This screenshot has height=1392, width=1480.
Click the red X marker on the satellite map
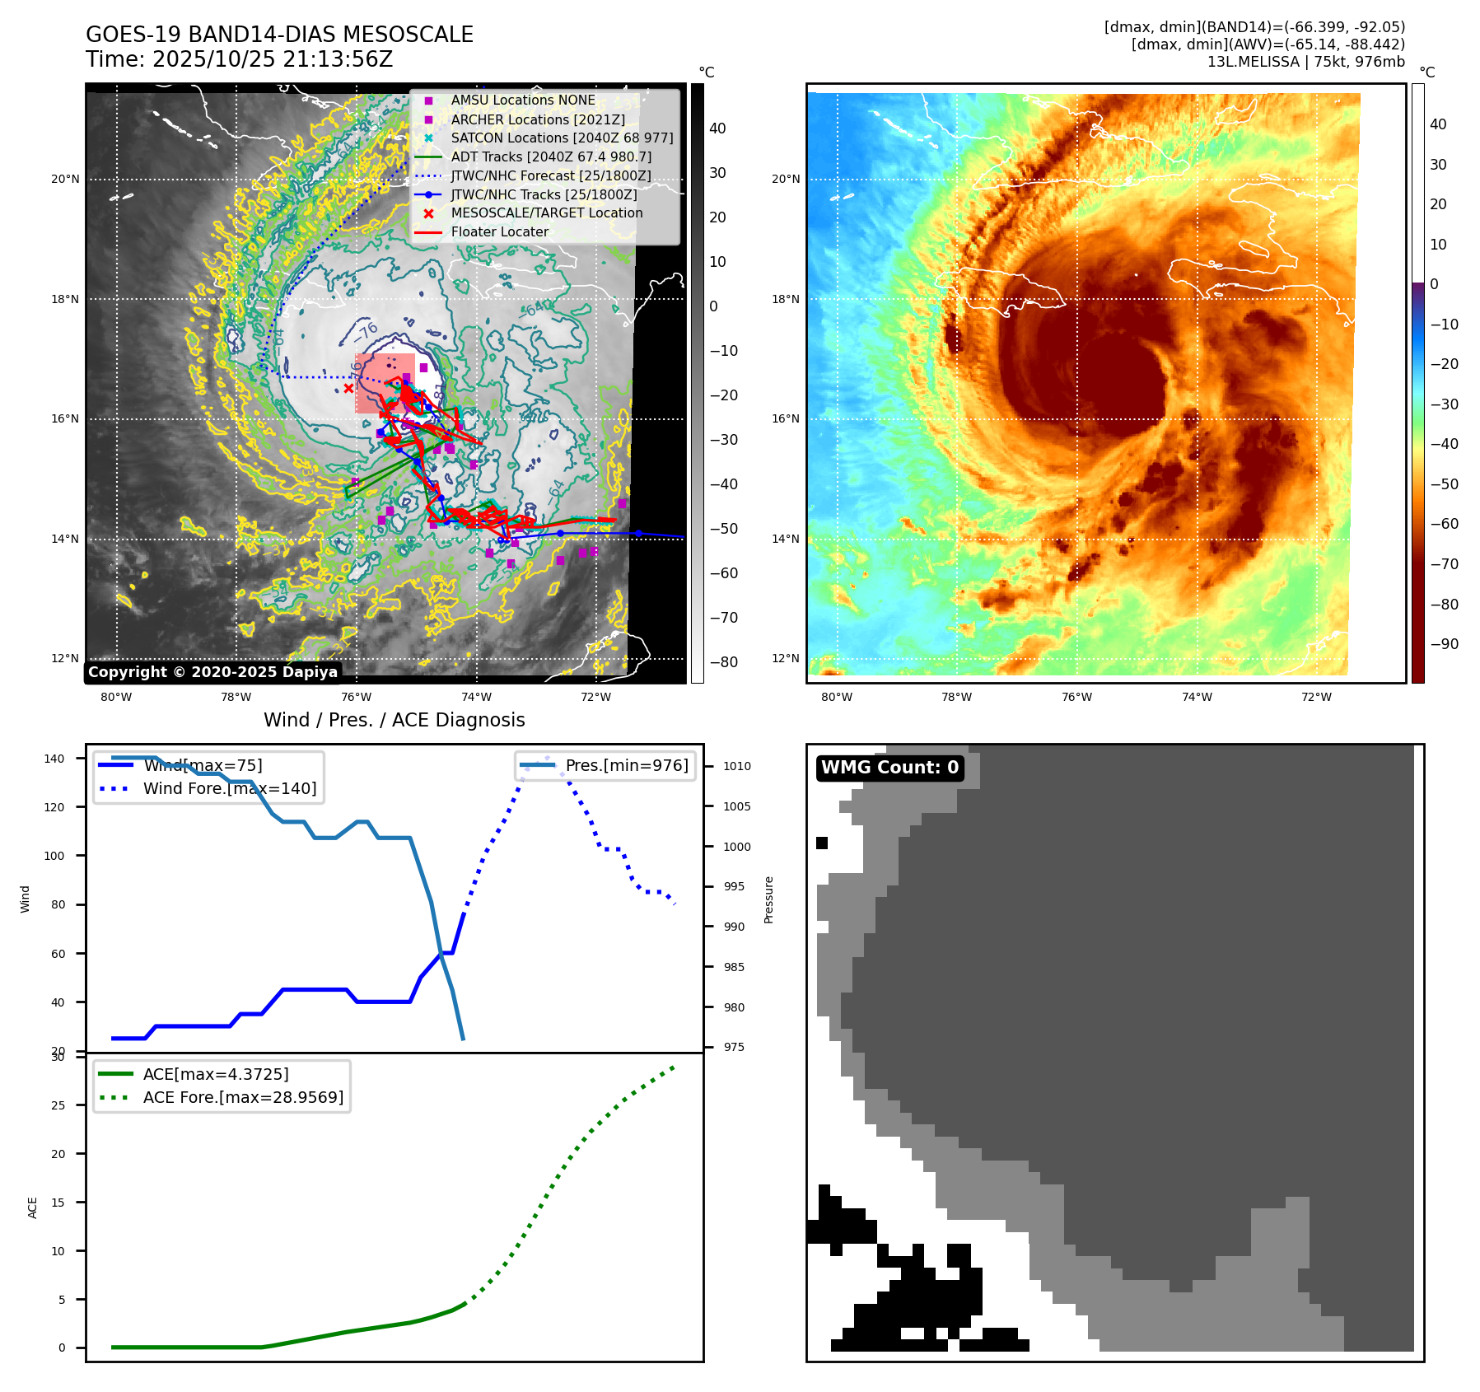pos(348,388)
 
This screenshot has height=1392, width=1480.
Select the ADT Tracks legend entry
pos(550,156)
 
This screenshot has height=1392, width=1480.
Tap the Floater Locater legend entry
pos(499,231)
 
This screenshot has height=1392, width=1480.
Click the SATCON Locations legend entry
pos(562,138)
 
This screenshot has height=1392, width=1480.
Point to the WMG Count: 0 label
pos(889,768)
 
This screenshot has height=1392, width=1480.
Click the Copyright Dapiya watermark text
pos(212,672)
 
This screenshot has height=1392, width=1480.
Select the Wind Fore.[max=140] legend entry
pos(229,788)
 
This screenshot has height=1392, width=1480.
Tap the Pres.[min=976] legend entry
pos(626,765)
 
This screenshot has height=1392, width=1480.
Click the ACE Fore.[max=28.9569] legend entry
pos(243,1097)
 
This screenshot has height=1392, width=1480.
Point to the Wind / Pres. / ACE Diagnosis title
pos(394,720)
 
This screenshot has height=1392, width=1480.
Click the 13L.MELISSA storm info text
pos(1305,62)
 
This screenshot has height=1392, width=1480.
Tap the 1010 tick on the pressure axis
pos(737,766)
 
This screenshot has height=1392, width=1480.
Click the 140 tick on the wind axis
pos(54,759)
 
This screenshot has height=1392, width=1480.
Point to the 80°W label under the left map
pos(116,698)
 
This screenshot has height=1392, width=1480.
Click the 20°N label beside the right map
pos(785,179)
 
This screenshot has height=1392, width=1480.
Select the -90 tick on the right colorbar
pos(1444,644)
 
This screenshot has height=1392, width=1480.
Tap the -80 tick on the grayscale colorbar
pos(724,662)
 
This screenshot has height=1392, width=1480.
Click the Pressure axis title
pos(768,899)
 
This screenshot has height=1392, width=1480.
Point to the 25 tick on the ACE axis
pos(58,1105)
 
